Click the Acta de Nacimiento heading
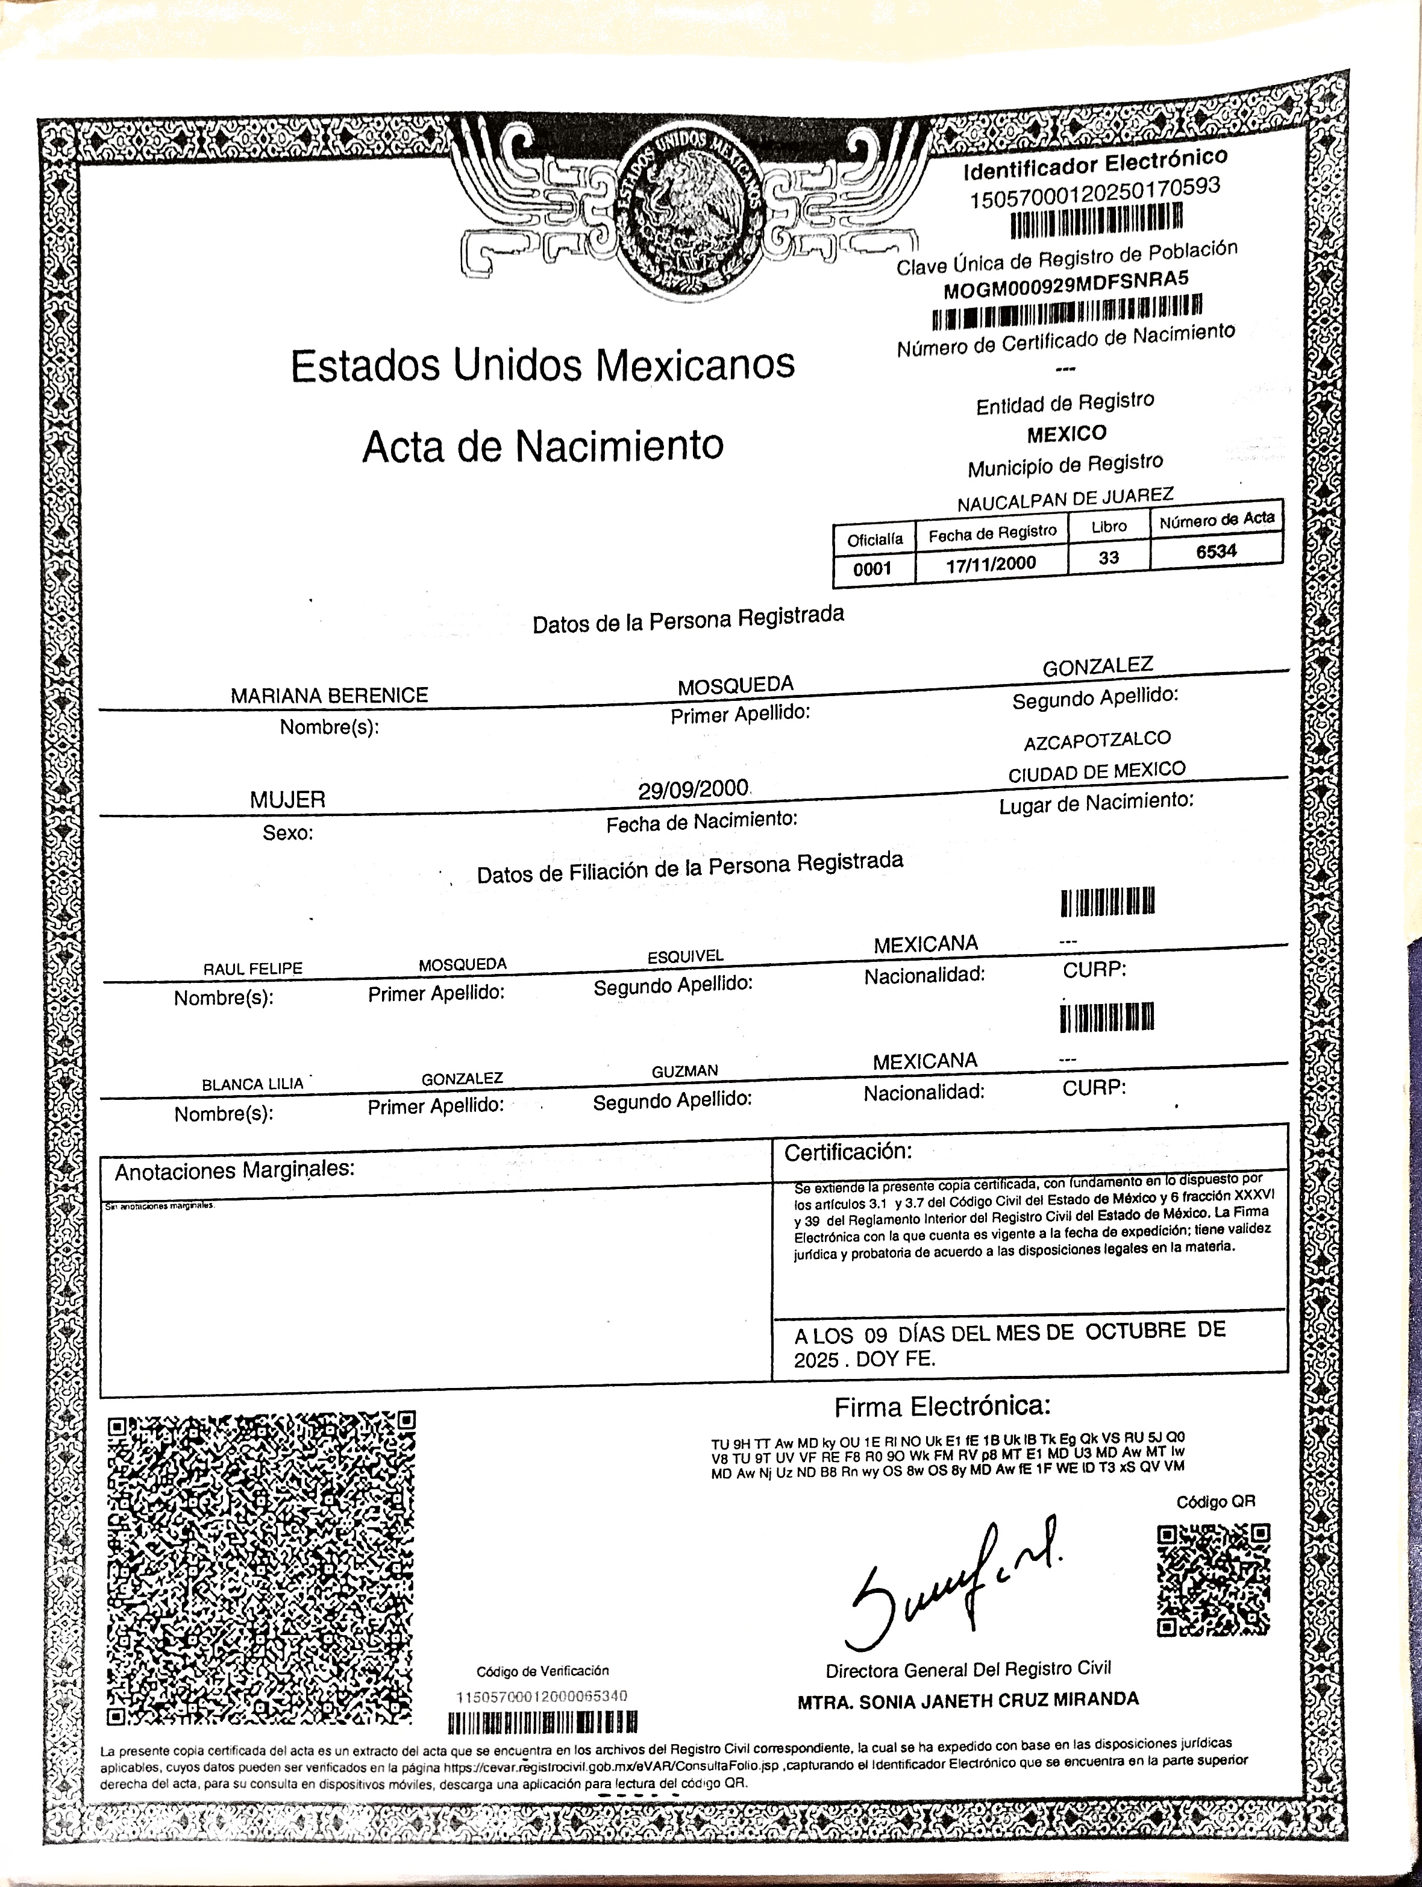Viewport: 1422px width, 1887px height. click(542, 446)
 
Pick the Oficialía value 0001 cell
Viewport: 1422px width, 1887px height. click(872, 569)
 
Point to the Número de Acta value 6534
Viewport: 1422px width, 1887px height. click(1215, 551)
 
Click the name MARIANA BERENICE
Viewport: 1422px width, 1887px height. click(329, 695)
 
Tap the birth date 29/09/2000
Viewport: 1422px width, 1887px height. click(694, 789)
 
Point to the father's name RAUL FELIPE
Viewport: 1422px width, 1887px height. click(252, 969)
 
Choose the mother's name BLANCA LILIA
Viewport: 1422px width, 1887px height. click(252, 1084)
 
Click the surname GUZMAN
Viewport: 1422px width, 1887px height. click(685, 1070)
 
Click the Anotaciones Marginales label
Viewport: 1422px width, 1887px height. click(234, 1170)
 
